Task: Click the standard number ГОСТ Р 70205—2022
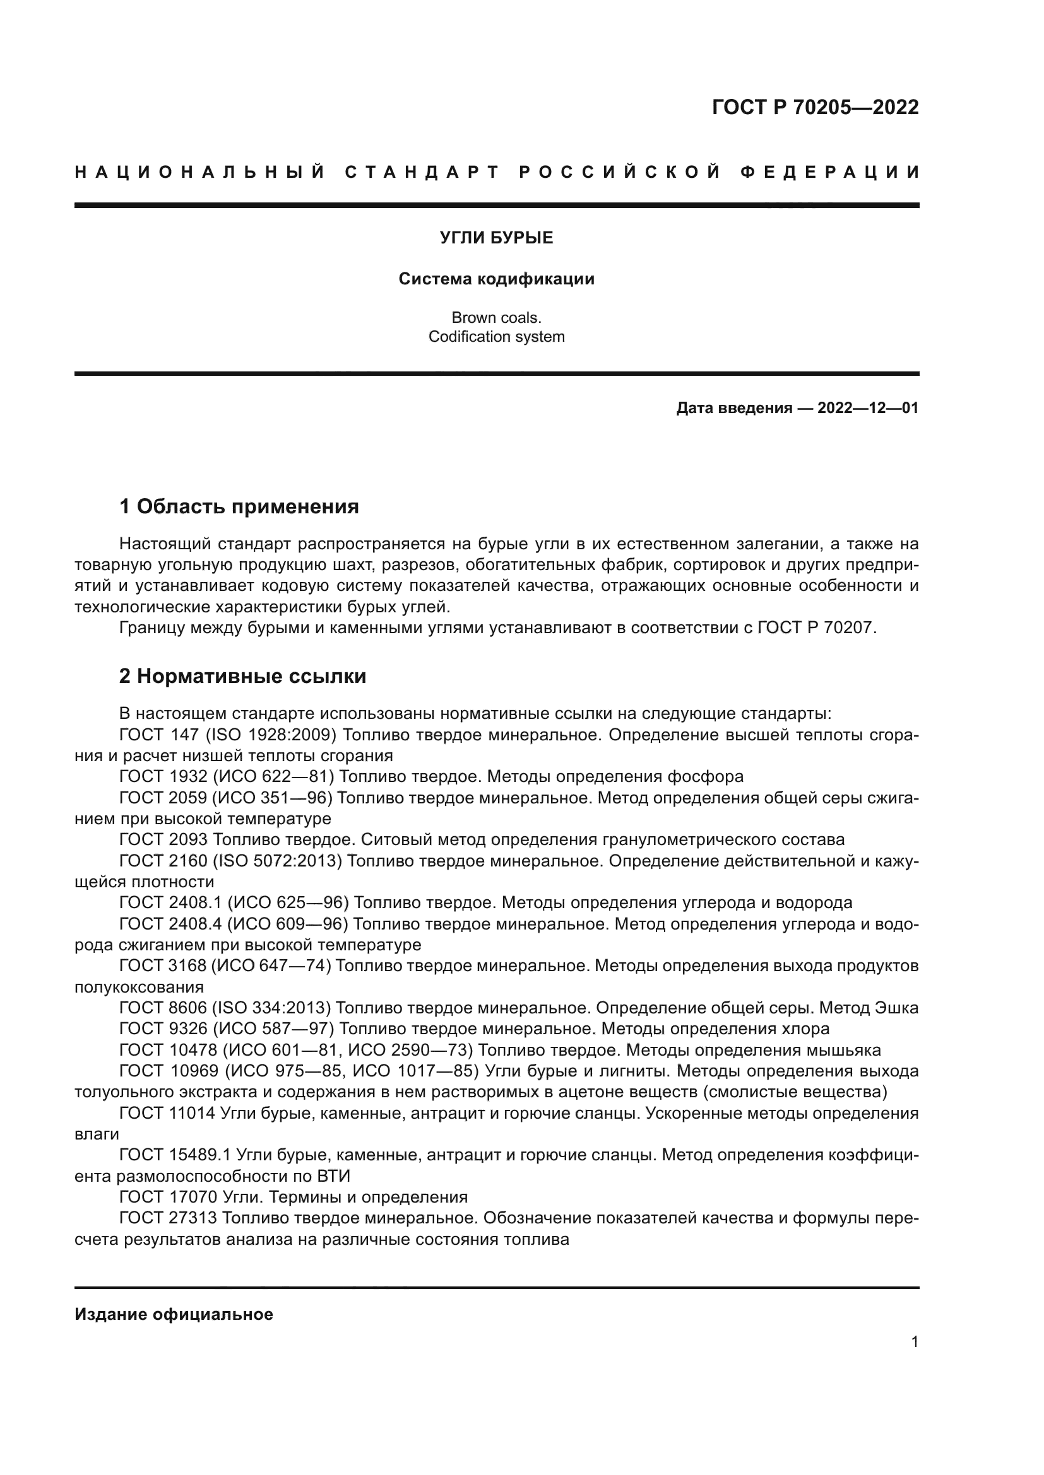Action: coord(814,107)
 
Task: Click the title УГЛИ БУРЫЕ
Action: coord(496,238)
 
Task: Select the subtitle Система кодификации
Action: coord(496,279)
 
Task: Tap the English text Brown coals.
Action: coord(496,317)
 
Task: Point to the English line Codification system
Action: coord(496,337)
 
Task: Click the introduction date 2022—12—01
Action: coord(867,408)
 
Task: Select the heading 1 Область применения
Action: coord(239,506)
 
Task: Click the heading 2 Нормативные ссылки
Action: coord(242,676)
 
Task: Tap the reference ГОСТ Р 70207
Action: coord(816,627)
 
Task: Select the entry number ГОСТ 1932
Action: coord(163,777)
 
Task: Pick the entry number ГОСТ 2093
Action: coord(163,839)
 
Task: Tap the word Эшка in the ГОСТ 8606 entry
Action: coord(897,1008)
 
